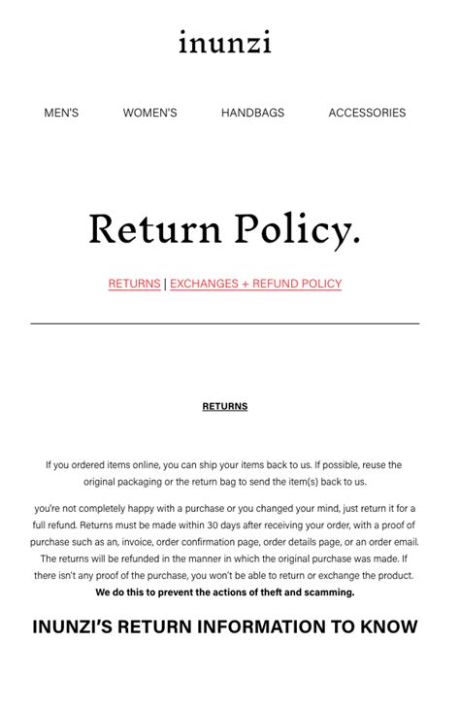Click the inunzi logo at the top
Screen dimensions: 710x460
click(224, 43)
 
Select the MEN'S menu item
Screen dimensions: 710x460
click(61, 113)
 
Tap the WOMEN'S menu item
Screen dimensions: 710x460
click(149, 113)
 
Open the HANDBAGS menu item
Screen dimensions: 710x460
click(252, 113)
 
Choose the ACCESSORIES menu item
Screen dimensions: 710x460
click(367, 113)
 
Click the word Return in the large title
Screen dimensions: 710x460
click(155, 230)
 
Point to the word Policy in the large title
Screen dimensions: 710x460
click(297, 230)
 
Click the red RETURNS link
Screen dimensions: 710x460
click(134, 284)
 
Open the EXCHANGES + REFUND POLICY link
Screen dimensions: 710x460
click(256, 284)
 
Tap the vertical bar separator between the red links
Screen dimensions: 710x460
click(165, 284)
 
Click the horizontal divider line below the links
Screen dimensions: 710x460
click(224, 323)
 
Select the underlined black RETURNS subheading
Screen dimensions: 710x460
click(224, 406)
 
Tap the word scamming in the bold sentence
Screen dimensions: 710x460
click(329, 592)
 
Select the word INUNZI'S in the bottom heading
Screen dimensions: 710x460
click(80, 626)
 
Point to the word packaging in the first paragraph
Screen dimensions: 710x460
click(150, 482)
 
